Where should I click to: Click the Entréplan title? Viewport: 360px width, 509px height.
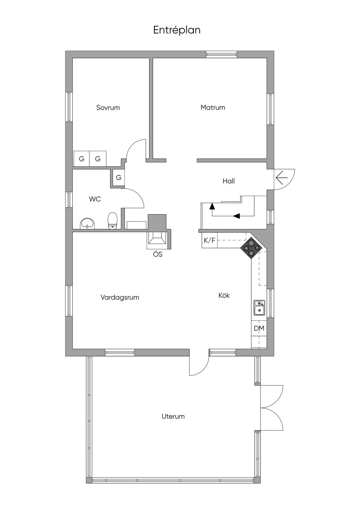coord(177,30)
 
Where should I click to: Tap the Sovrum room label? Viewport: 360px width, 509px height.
coord(108,108)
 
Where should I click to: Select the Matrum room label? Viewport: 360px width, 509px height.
coord(213,108)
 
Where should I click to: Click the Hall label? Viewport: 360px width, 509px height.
coord(229,181)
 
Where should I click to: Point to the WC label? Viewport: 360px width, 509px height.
coord(95,199)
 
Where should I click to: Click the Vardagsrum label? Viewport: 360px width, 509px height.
coord(120,297)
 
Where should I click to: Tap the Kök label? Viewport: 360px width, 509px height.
coord(224,296)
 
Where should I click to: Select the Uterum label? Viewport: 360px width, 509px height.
coord(173,416)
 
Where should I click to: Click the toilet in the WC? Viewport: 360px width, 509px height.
coord(112,220)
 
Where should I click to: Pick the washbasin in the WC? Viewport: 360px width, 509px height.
coord(87,223)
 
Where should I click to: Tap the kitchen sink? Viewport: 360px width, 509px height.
coord(259,308)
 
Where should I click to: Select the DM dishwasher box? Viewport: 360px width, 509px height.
coord(259,328)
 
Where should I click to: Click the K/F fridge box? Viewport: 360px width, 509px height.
coord(210,240)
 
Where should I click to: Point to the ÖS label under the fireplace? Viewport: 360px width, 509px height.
coord(158,254)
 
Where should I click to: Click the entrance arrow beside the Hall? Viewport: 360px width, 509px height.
coord(282,178)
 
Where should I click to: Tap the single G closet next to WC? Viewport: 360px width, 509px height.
coord(118,178)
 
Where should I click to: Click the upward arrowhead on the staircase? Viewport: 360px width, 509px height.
coord(212,206)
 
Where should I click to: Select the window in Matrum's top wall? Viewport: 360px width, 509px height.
coord(221,54)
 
